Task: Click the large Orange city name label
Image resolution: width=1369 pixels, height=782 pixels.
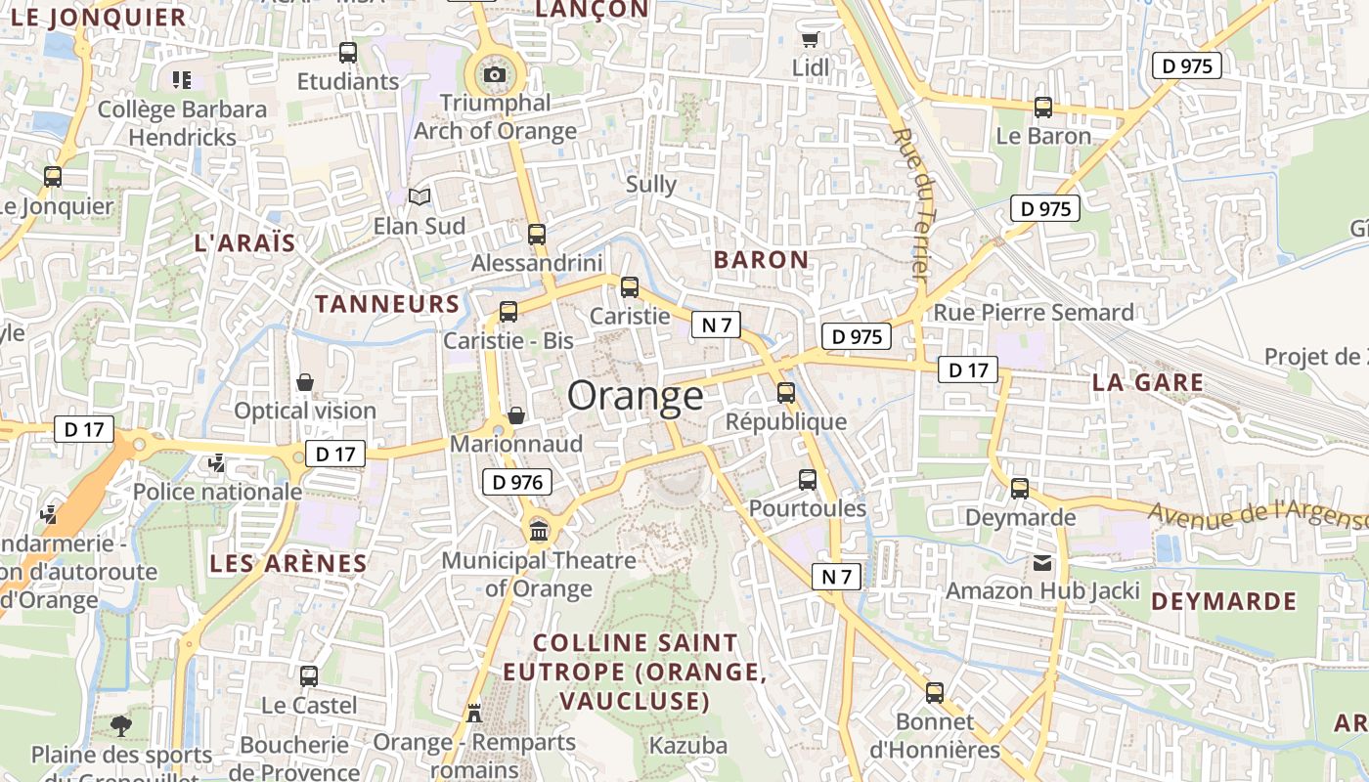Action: pyautogui.click(x=635, y=396)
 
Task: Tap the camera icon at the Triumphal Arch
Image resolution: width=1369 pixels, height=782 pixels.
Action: pyautogui.click(x=495, y=75)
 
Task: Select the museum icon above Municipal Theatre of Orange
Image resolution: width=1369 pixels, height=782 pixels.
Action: pyautogui.click(x=538, y=531)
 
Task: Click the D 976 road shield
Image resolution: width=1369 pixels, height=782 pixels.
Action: pyautogui.click(x=516, y=482)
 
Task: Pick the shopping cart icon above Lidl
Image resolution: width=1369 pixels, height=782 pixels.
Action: pyautogui.click(x=810, y=40)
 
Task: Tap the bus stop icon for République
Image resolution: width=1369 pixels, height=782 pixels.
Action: pyautogui.click(x=786, y=393)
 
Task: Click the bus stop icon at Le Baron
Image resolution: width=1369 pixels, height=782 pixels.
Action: pyautogui.click(x=1043, y=108)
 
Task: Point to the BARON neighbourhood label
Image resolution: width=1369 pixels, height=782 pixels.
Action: pyautogui.click(x=761, y=260)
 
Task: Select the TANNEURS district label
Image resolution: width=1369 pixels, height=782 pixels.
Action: pyautogui.click(x=387, y=304)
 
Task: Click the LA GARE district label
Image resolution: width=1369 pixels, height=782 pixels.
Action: pyautogui.click(x=1148, y=383)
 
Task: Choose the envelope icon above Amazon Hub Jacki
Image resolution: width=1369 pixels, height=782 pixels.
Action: pyautogui.click(x=1042, y=563)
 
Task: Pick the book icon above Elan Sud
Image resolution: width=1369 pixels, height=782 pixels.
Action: pyautogui.click(x=420, y=197)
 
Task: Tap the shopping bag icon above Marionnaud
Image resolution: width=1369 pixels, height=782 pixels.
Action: pyautogui.click(x=516, y=415)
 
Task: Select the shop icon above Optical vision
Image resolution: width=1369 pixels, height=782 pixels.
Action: pyautogui.click(x=305, y=382)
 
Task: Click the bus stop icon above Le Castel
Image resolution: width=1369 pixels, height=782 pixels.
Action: pyautogui.click(x=309, y=675)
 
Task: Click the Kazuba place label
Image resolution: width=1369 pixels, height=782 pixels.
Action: pyautogui.click(x=688, y=746)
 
